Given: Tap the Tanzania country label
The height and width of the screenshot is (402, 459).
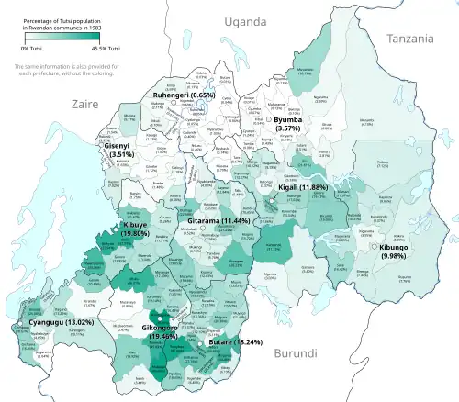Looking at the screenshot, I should [409, 39].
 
